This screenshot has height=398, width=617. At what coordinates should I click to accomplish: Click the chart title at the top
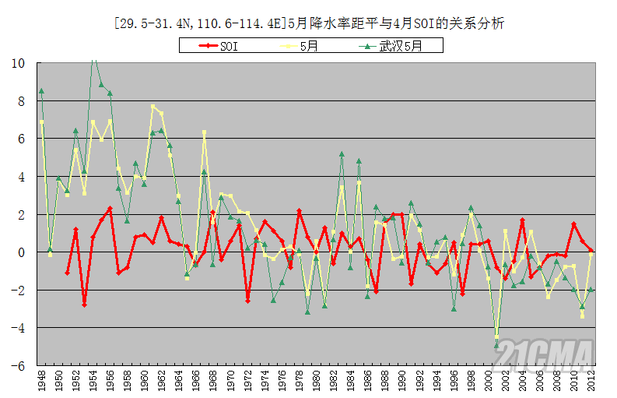(x=308, y=23)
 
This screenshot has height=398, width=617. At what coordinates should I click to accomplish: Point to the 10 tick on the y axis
(x=19, y=63)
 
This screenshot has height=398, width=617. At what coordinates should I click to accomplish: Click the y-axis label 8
(x=22, y=101)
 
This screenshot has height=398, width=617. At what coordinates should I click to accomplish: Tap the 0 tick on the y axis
(x=22, y=252)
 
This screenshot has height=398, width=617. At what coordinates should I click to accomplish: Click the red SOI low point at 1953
(x=84, y=305)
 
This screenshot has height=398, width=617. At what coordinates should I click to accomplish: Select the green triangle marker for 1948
(x=41, y=91)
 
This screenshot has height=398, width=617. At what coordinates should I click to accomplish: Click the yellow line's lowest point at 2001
(x=496, y=337)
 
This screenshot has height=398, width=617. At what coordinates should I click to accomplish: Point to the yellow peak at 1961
(x=153, y=107)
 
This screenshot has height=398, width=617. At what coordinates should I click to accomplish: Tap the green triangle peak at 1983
(x=342, y=154)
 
